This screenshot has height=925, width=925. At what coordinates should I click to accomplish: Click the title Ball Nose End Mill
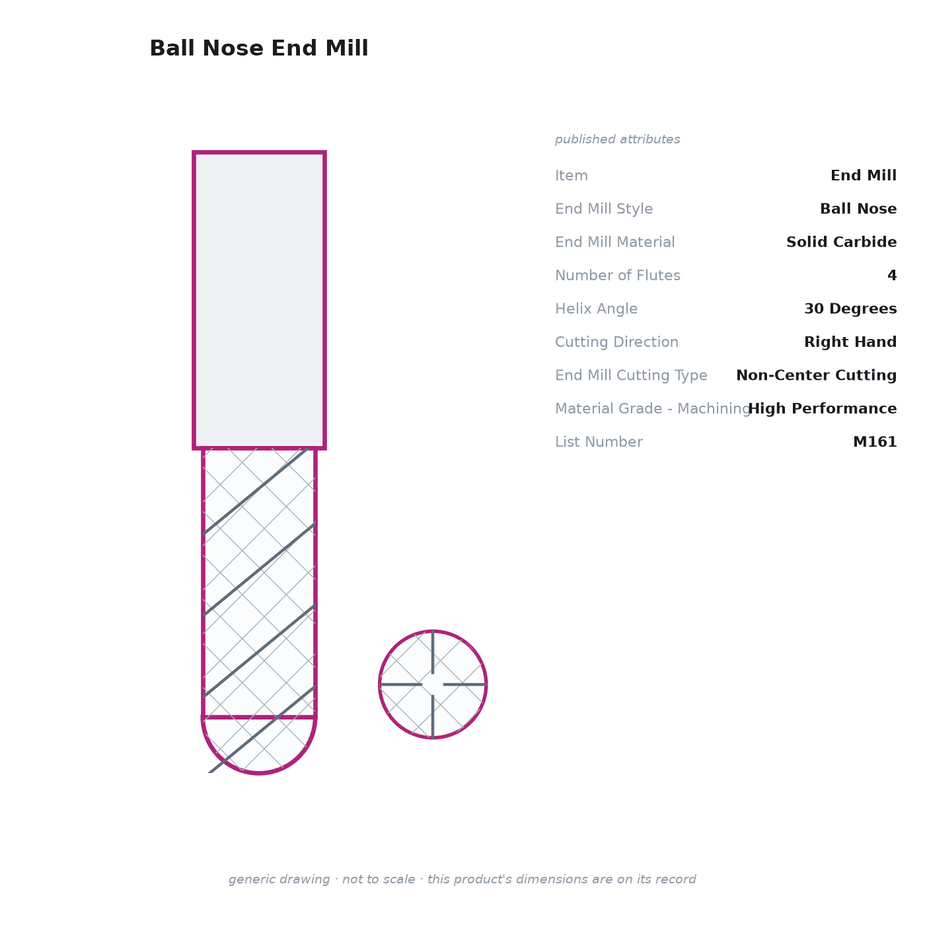(259, 48)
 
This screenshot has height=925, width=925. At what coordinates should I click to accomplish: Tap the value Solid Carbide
(841, 242)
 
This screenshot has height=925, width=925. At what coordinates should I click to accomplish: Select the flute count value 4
(892, 275)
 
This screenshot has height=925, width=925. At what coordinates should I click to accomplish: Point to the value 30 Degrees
(850, 309)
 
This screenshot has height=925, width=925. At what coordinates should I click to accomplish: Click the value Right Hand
(850, 342)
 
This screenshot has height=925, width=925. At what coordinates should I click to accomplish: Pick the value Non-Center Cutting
(816, 375)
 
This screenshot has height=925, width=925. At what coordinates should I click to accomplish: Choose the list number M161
(875, 441)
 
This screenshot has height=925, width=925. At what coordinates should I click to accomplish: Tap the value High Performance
(823, 408)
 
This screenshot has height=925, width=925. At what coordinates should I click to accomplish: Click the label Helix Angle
(596, 309)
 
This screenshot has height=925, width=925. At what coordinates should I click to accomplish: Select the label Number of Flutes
(618, 275)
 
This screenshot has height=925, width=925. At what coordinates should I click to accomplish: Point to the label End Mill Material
(615, 242)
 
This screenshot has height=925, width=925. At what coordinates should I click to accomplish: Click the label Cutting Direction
(617, 342)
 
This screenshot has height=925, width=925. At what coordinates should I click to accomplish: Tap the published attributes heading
(617, 139)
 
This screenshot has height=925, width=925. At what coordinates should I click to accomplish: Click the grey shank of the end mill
(259, 301)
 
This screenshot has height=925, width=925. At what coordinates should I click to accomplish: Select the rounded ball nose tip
(259, 747)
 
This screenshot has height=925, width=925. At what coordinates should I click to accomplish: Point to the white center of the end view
(433, 684)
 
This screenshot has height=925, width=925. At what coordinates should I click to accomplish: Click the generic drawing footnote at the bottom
(462, 879)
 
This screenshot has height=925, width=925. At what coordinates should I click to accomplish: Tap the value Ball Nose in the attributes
(858, 209)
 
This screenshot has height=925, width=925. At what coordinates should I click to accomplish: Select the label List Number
(599, 441)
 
